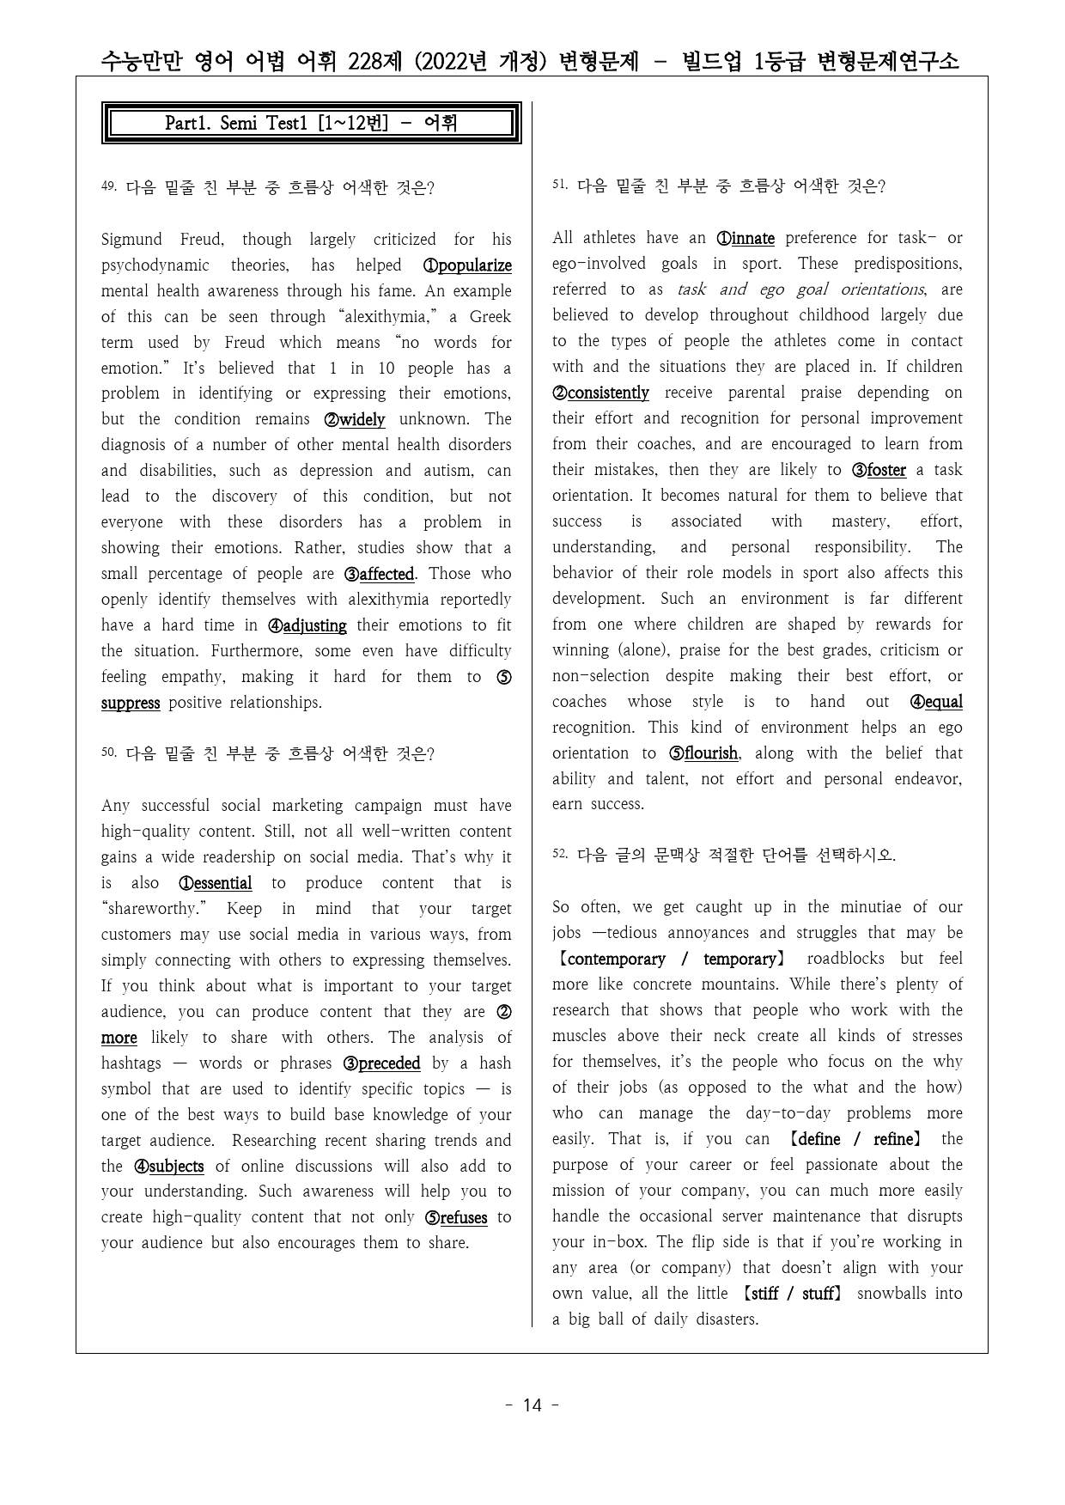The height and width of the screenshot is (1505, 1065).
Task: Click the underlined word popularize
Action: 475,265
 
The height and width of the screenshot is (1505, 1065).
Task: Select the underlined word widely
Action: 362,419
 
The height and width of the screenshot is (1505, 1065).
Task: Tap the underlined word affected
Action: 386,574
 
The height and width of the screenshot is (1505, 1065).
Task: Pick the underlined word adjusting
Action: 314,625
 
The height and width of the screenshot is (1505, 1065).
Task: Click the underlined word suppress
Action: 131,703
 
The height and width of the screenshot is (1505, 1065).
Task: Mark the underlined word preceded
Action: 389,1063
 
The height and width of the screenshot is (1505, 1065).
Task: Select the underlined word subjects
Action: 176,1167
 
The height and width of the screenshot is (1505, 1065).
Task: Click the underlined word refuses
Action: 463,1218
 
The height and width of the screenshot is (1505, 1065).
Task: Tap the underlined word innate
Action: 753,238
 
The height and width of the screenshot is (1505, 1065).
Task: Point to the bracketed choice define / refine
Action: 855,1139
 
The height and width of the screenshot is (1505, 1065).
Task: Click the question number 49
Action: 108,186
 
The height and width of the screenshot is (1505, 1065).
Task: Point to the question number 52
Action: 559,855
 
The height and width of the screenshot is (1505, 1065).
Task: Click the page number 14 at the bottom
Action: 532,1405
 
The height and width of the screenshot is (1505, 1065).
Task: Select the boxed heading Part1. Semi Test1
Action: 311,123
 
